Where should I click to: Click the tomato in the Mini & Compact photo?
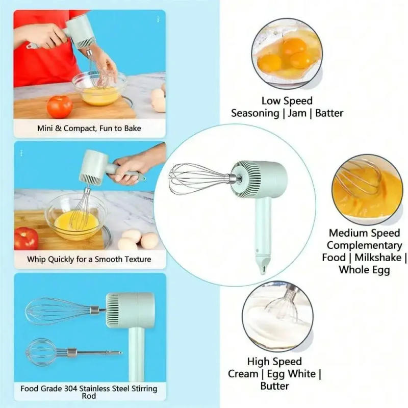pyautogui.click(x=60, y=107)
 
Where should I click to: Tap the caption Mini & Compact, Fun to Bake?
pyautogui.click(x=89, y=129)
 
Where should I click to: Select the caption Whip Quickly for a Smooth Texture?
pyautogui.click(x=89, y=259)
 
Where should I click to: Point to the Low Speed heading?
pyautogui.click(x=287, y=101)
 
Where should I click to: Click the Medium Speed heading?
pyautogui.click(x=364, y=233)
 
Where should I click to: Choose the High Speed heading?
pyautogui.click(x=274, y=362)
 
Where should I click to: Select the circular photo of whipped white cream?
pyautogui.click(x=278, y=317)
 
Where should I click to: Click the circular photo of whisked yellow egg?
pyautogui.click(x=367, y=189)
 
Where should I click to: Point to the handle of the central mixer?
pyautogui.click(x=263, y=224)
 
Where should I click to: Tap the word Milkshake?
pyautogui.click(x=377, y=258)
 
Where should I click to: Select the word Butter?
pyautogui.click(x=275, y=386)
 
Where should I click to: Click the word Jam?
pyautogui.click(x=297, y=113)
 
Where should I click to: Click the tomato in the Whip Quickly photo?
pyautogui.click(x=26, y=238)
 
